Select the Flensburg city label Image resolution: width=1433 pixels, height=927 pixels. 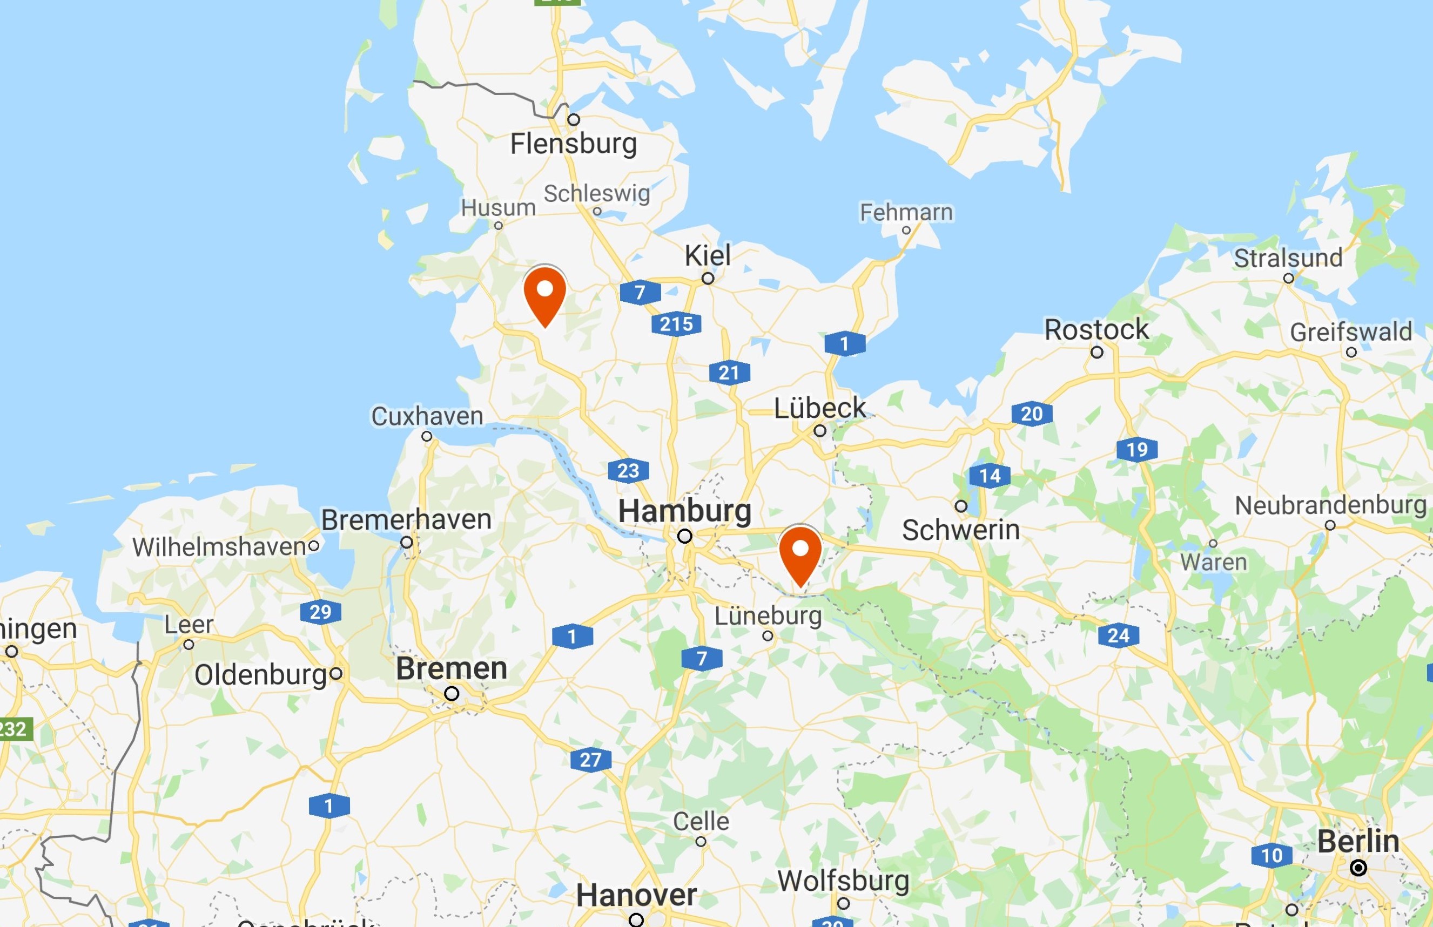(573, 144)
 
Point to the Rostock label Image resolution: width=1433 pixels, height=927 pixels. (1096, 329)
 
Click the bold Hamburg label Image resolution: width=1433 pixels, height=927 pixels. (684, 511)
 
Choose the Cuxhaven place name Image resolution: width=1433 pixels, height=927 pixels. (427, 416)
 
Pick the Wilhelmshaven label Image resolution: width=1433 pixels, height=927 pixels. (220, 546)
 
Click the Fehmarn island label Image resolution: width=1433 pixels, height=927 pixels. (906, 213)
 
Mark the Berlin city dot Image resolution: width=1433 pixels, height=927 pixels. (1358, 868)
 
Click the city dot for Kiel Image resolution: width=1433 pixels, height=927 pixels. (708, 278)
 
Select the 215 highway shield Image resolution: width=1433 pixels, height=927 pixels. (676, 324)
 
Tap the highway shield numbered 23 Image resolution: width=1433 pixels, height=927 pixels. (628, 470)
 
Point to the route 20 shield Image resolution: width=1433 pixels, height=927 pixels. (1031, 414)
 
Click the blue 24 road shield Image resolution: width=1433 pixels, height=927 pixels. (1118, 635)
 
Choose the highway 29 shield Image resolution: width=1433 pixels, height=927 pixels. (320, 612)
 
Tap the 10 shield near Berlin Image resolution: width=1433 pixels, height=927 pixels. (1271, 855)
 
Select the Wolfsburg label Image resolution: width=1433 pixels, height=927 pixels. (843, 881)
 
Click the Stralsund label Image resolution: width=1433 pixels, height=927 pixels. (1288, 258)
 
